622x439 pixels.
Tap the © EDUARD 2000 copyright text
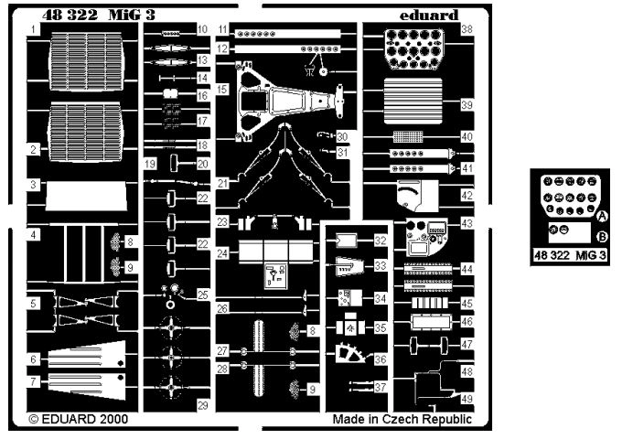point(77,420)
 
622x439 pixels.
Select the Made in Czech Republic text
point(402,420)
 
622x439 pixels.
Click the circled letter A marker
point(603,216)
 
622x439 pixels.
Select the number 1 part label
point(33,30)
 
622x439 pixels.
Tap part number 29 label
point(203,404)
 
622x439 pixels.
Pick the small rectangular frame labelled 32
point(346,241)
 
